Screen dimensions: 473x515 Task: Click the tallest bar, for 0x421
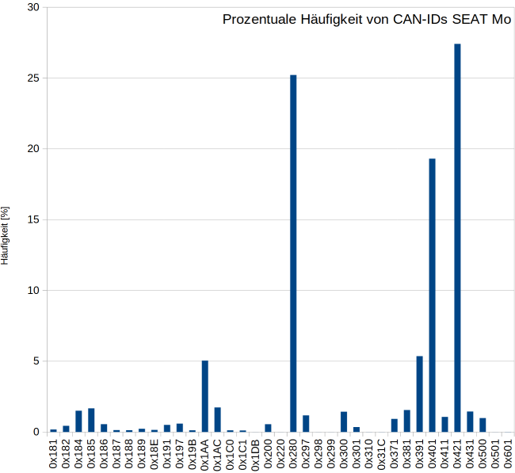click(457, 238)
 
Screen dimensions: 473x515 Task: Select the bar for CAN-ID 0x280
click(293, 254)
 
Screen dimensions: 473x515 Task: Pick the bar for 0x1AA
click(204, 396)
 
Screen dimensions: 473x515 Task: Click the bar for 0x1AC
click(217, 420)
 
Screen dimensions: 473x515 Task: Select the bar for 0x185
click(91, 421)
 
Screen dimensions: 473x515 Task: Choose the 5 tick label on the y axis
click(36, 361)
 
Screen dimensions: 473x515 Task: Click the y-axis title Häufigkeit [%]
click(6, 235)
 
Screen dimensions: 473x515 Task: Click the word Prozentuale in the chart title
click(257, 19)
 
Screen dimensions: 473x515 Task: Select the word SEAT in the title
click(469, 19)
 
